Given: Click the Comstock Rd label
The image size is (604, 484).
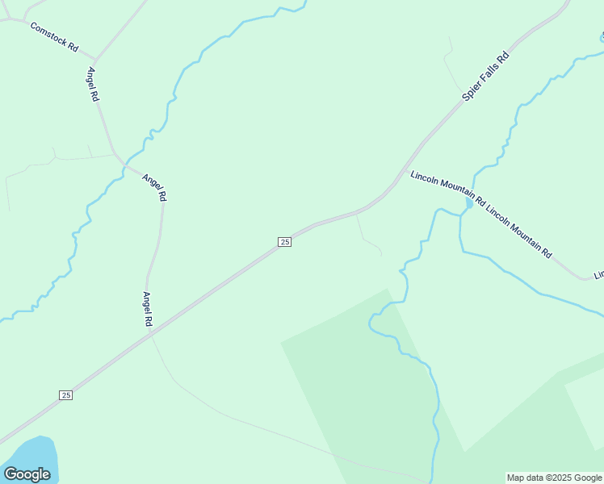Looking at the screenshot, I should pyautogui.click(x=54, y=38).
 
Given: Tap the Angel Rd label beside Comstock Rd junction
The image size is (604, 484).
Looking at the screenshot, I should pyautogui.click(x=92, y=84).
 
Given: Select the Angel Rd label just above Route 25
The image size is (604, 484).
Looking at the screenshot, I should pyautogui.click(x=148, y=309).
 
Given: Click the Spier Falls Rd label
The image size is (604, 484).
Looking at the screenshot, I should pyautogui.click(x=486, y=77).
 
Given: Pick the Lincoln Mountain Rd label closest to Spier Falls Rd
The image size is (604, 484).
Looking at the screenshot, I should pyautogui.click(x=447, y=189).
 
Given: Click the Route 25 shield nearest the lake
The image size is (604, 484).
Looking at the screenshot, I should pyautogui.click(x=66, y=394).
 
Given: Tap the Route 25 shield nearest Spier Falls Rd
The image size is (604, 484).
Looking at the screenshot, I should pyautogui.click(x=284, y=242).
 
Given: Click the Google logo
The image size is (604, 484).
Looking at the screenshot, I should pyautogui.click(x=27, y=474).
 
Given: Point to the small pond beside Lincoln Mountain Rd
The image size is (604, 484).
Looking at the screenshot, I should pyautogui.click(x=468, y=204).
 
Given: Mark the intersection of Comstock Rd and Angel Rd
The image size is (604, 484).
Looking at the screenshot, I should pyautogui.click(x=96, y=60).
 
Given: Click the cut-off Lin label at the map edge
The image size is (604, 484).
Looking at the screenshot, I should pyautogui.click(x=598, y=275).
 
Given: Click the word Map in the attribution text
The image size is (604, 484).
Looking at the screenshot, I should pyautogui.click(x=516, y=478).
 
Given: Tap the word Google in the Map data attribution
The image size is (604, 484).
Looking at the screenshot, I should pyautogui.click(x=588, y=478).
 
